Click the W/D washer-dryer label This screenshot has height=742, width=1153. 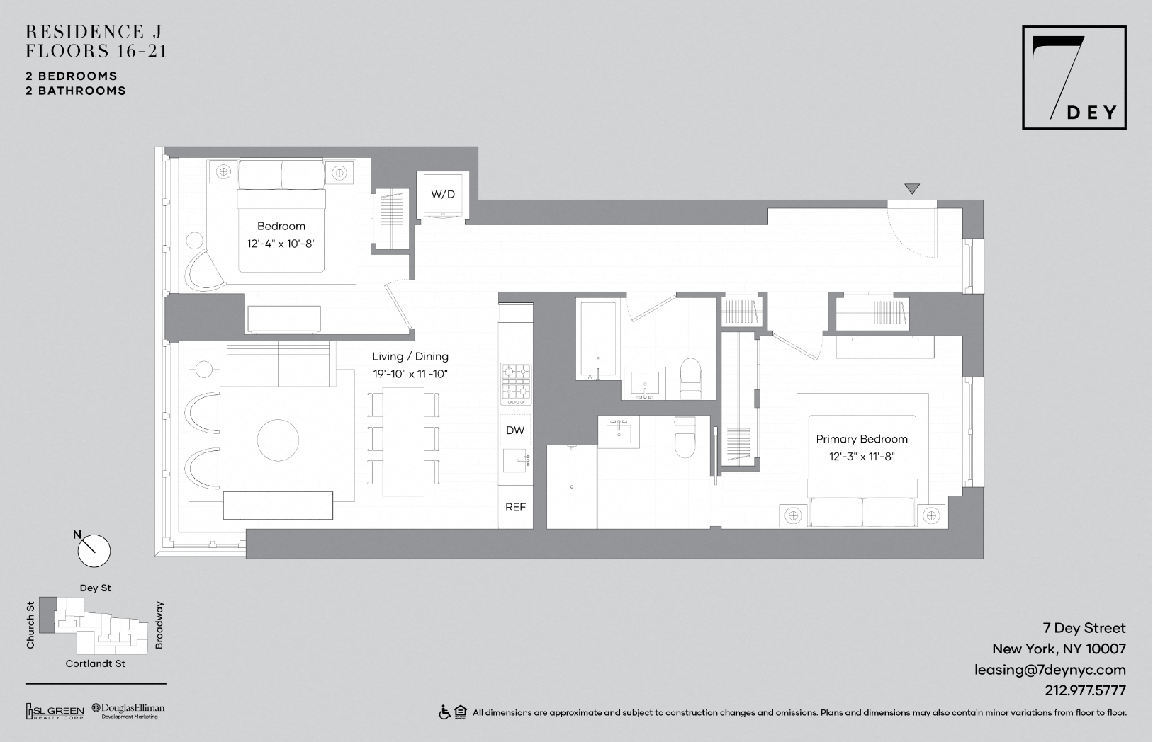click(x=443, y=195)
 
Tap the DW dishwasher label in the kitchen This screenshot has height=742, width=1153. click(x=515, y=430)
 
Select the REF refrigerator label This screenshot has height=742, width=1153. click(x=515, y=507)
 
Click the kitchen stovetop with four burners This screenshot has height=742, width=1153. click(x=516, y=384)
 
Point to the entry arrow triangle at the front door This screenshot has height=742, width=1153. click(x=912, y=189)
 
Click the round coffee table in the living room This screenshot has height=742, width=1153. click(x=278, y=440)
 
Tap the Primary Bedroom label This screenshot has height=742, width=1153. click(x=862, y=439)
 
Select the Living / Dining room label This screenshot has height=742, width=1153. click(x=410, y=356)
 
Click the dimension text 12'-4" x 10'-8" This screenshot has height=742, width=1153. click(x=281, y=244)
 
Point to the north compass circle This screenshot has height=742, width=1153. click(x=94, y=551)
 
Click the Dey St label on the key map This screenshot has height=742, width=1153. click(x=95, y=588)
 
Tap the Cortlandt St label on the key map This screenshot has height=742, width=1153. click(x=95, y=663)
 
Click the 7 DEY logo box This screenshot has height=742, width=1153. click(x=1074, y=77)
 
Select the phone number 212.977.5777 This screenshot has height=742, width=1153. click(x=1085, y=690)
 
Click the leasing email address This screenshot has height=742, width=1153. click(x=1050, y=670)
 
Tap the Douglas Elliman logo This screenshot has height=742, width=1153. click(x=128, y=711)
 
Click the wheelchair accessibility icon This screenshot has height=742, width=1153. click(x=444, y=712)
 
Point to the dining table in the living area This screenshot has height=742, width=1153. click(x=403, y=442)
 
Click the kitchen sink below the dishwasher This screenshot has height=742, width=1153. click(x=515, y=460)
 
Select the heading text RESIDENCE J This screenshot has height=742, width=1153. click(x=93, y=31)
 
